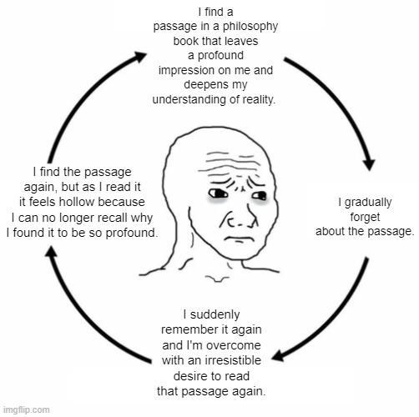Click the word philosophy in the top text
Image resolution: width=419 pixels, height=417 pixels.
pos(250,27)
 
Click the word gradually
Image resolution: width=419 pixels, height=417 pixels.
pos(368,203)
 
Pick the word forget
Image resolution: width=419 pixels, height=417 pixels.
pos(365,217)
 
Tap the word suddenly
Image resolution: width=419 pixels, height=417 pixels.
pos(215,315)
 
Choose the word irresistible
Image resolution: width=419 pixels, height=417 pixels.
pos(233,360)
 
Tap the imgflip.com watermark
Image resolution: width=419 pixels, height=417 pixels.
pos(27,409)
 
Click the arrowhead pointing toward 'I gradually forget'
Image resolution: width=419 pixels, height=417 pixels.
pos(370,164)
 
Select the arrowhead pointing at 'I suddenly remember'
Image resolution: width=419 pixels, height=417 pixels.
pos(278,356)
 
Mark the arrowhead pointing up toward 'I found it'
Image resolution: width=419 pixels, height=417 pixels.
pos(52,251)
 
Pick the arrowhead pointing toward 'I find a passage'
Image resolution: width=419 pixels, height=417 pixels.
pos(139,57)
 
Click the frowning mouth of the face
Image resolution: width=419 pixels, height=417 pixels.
pos(236,239)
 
